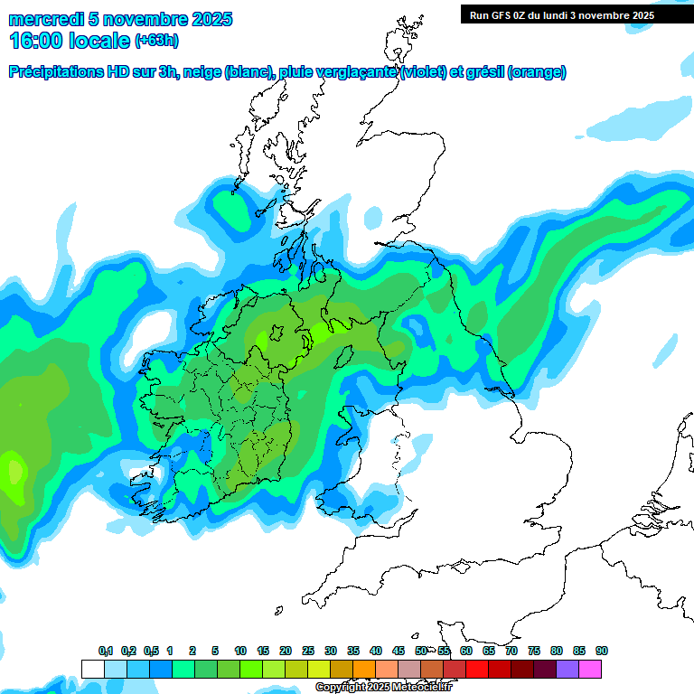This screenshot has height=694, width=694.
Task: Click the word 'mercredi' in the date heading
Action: [45, 19]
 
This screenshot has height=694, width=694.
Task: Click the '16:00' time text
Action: [37, 41]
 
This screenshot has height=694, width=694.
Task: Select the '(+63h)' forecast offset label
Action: [157, 41]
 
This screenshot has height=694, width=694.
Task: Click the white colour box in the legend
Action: [92, 669]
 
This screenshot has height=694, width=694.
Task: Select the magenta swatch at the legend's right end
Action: [590, 669]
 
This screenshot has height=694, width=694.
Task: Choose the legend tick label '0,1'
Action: [106, 651]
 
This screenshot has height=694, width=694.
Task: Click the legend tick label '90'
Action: [602, 651]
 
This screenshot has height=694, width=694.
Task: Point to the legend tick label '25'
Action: [308, 651]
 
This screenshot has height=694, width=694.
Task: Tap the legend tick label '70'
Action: [511, 651]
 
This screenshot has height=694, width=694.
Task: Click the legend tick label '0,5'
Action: [151, 651]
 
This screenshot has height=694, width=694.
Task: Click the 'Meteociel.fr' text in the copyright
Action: [424, 687]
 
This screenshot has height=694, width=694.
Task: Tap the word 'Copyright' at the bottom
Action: [340, 687]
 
